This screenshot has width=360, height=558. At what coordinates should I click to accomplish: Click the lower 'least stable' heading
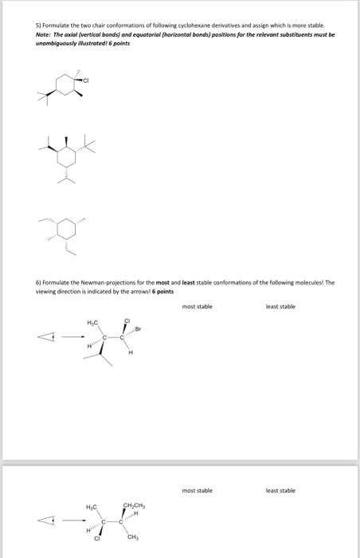(280, 490)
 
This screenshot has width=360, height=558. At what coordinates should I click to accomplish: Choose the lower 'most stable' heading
(198, 490)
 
